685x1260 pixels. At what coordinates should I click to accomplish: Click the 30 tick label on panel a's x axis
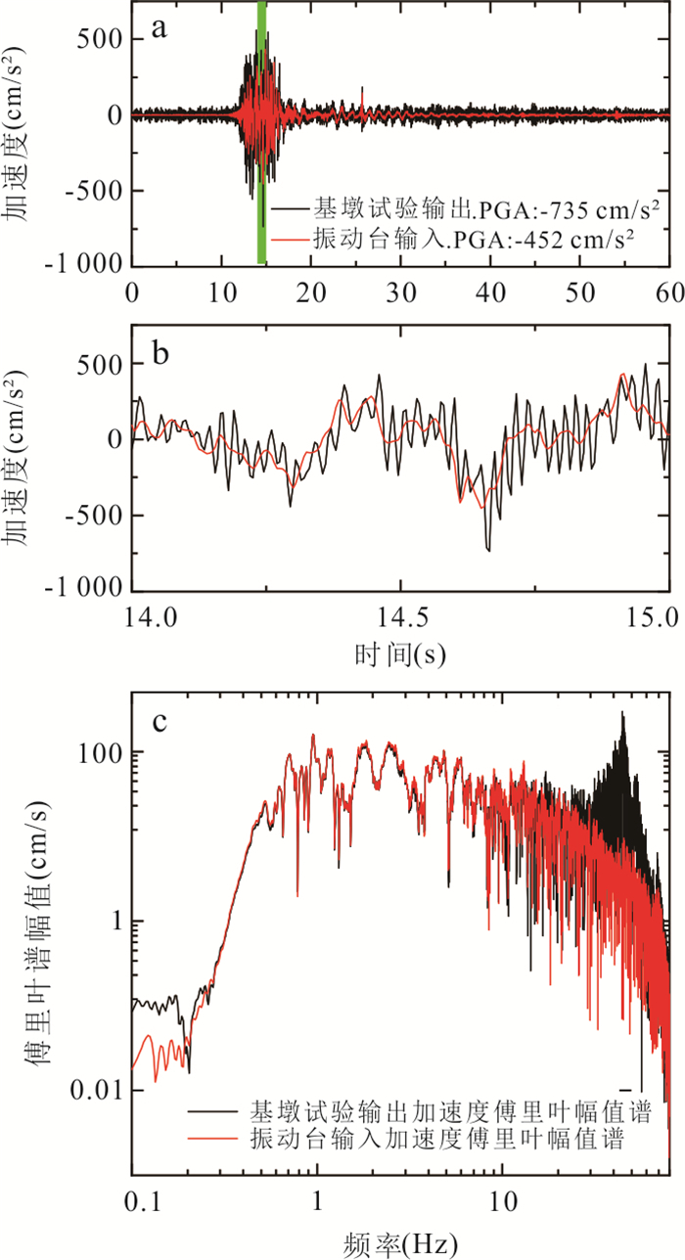400,292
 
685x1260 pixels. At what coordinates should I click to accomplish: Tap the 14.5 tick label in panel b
400,617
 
